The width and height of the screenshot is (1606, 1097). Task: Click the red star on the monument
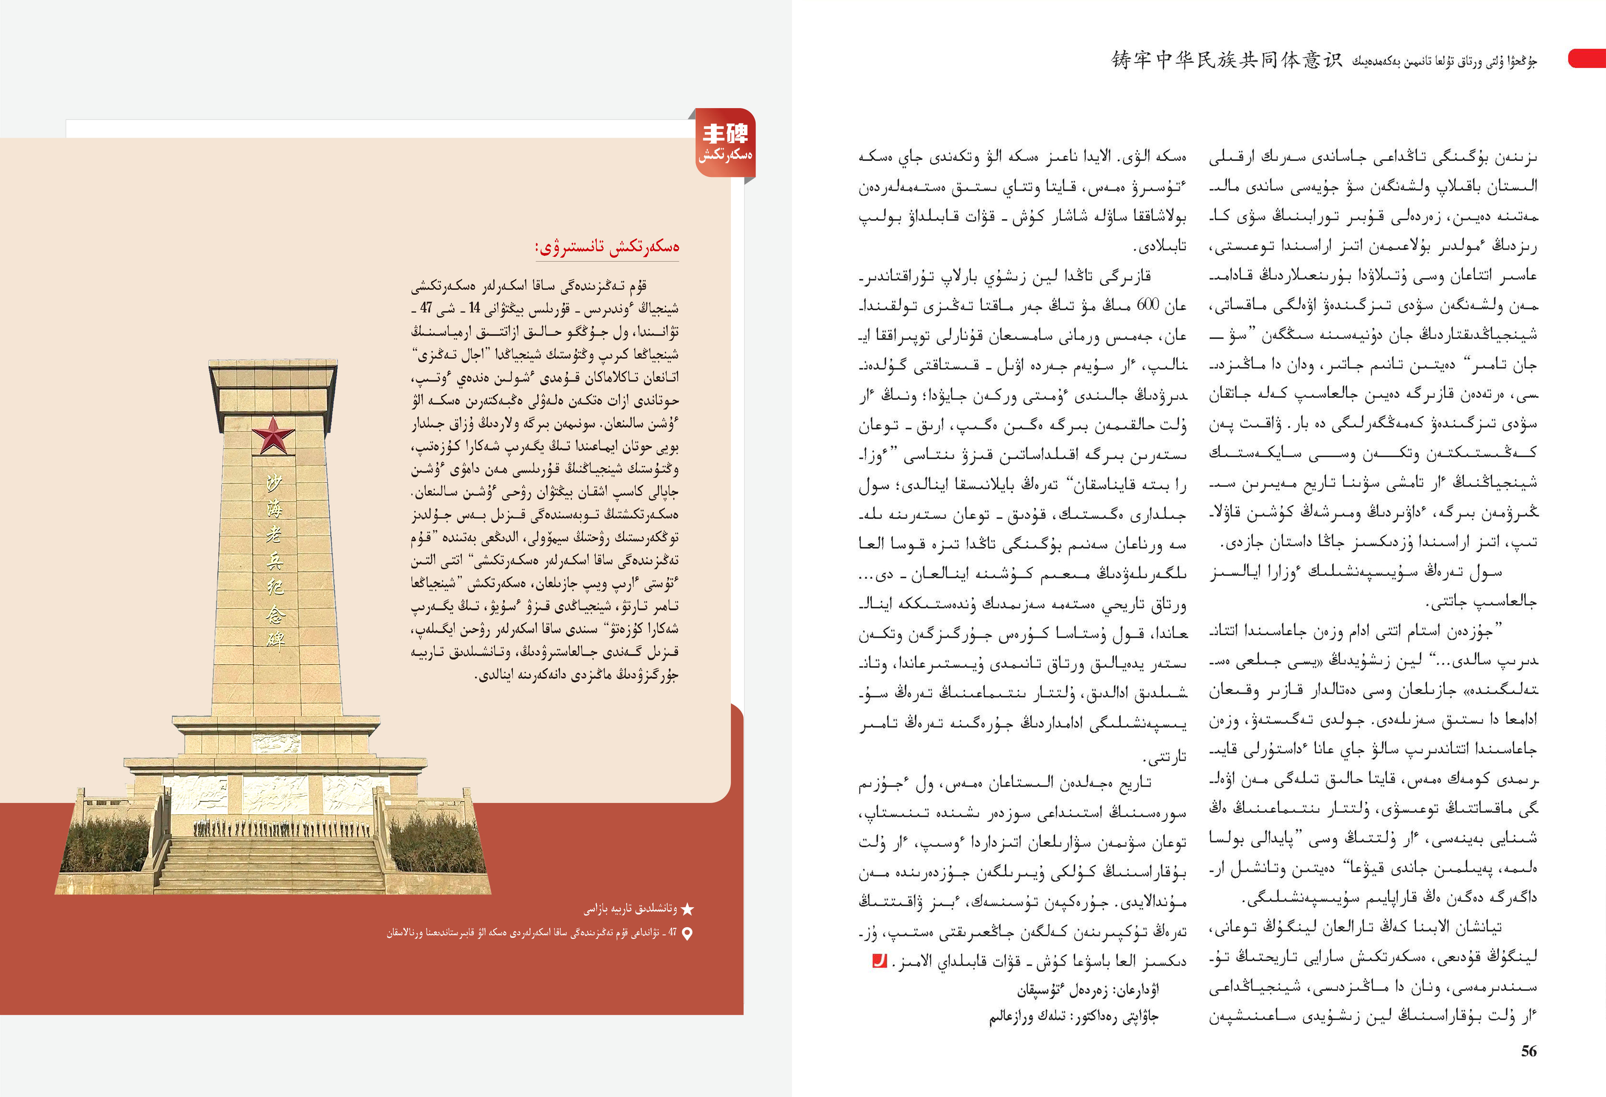click(273, 435)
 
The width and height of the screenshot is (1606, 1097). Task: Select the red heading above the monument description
click(607, 247)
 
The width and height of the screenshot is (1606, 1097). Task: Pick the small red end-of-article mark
click(879, 961)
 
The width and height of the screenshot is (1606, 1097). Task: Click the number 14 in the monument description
click(474, 308)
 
